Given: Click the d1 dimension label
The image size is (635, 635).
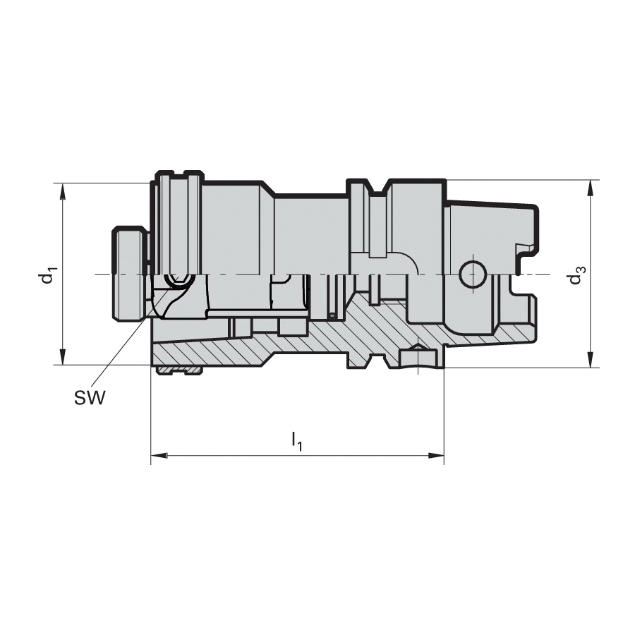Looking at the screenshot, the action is pyautogui.click(x=48, y=274).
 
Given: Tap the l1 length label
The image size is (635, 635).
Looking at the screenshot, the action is pyautogui.click(x=297, y=442).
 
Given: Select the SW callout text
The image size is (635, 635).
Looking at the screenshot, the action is pyautogui.click(x=90, y=398).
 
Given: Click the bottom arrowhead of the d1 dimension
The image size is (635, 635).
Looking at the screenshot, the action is pyautogui.click(x=62, y=356).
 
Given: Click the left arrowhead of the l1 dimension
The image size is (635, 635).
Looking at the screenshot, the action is pyautogui.click(x=159, y=456).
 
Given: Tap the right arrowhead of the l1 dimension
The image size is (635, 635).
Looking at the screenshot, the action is pyautogui.click(x=436, y=456).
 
